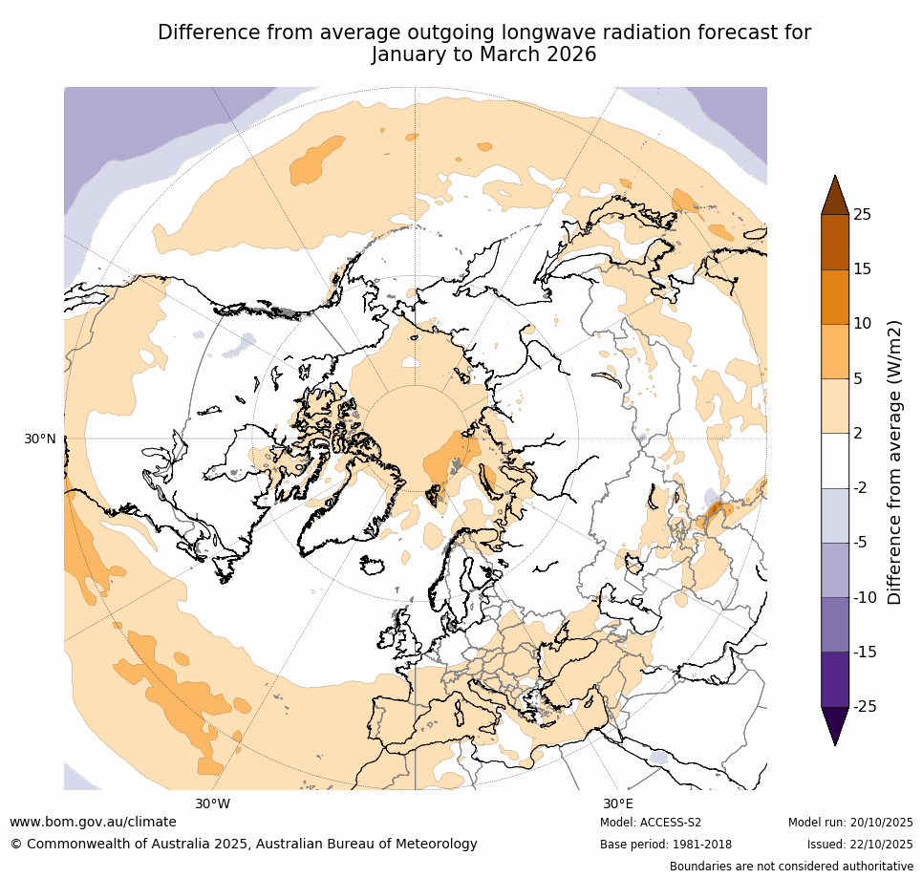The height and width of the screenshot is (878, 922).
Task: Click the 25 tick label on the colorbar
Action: (862, 214)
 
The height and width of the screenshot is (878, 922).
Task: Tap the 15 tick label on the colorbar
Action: (862, 269)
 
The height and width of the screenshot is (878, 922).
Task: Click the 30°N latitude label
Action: (40, 439)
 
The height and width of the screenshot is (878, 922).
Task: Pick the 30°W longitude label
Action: (212, 803)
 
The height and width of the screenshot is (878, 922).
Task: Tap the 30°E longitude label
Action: (617, 803)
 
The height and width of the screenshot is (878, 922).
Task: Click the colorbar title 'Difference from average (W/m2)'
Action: (894, 461)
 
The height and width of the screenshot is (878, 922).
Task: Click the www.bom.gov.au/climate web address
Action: (93, 822)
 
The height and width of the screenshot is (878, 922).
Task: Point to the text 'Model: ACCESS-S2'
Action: (651, 823)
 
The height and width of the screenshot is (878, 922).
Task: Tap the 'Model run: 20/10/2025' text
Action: (850, 823)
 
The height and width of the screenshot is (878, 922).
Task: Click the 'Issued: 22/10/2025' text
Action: (860, 845)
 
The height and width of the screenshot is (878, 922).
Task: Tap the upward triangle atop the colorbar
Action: (835, 195)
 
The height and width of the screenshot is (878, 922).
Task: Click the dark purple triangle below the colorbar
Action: (835, 724)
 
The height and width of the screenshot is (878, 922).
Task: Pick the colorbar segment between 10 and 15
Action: (835, 296)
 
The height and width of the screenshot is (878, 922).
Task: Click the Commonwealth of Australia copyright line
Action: (244, 845)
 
